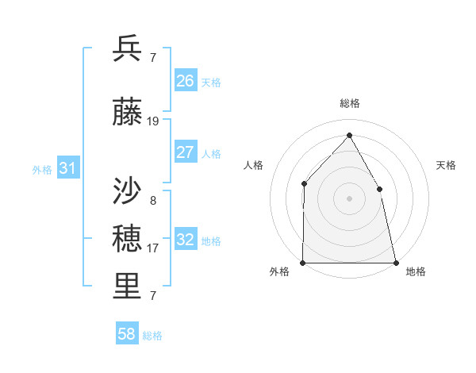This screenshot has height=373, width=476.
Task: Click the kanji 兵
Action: [128, 48]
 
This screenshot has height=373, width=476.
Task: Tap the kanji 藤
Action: [128, 113]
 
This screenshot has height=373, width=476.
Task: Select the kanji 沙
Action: [128, 191]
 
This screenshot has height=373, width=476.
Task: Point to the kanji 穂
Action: [128, 239]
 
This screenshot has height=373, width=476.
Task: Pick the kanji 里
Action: [128, 286]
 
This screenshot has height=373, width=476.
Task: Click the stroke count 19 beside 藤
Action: [153, 121]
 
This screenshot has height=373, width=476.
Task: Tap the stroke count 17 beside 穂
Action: [153, 248]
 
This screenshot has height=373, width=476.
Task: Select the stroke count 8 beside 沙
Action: [153, 200]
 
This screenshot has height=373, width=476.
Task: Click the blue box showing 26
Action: [186, 80]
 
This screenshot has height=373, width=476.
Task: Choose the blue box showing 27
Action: [186, 152]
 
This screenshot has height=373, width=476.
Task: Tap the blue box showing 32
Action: [186, 240]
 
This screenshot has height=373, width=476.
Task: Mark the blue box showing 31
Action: [67, 168]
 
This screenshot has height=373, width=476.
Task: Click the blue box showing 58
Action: [127, 334]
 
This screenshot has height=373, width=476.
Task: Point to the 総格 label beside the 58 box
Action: [152, 336]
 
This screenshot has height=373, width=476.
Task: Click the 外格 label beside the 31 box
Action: [42, 169]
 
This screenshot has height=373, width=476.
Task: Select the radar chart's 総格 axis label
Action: [349, 103]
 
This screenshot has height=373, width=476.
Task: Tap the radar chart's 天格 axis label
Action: [447, 165]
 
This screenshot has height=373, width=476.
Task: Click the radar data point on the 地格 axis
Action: [395, 262]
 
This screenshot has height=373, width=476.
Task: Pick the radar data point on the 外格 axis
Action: [303, 262]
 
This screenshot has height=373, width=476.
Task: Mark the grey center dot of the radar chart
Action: [349, 198]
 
